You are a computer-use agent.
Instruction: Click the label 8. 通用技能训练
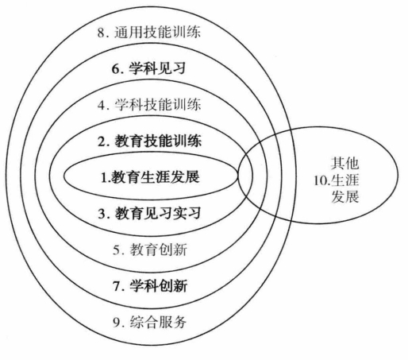[x=149, y=33]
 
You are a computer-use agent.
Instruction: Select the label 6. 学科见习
[x=148, y=69]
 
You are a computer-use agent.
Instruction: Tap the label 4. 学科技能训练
[x=149, y=105]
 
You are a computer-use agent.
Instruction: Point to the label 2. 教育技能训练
[x=150, y=141]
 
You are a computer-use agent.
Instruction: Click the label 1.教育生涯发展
[x=150, y=177]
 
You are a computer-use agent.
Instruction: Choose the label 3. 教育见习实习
[x=150, y=213]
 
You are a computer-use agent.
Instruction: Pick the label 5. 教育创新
[x=150, y=250]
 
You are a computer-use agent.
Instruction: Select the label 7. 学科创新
[x=150, y=286]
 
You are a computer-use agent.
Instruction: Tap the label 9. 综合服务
[x=150, y=322]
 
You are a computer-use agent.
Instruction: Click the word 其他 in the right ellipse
[x=344, y=164]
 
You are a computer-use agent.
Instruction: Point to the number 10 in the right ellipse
[x=321, y=181]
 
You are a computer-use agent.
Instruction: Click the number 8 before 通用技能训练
[x=101, y=33]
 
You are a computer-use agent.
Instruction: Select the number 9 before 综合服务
[x=117, y=323]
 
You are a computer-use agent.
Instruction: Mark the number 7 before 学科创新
[x=117, y=287]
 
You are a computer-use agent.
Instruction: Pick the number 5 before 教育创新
[x=117, y=250]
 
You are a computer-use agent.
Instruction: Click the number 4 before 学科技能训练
[x=101, y=106]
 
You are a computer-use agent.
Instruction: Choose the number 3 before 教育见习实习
[x=102, y=214]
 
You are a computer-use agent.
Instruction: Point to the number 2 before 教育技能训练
[x=102, y=141]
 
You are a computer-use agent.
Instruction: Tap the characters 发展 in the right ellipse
[x=345, y=197]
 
